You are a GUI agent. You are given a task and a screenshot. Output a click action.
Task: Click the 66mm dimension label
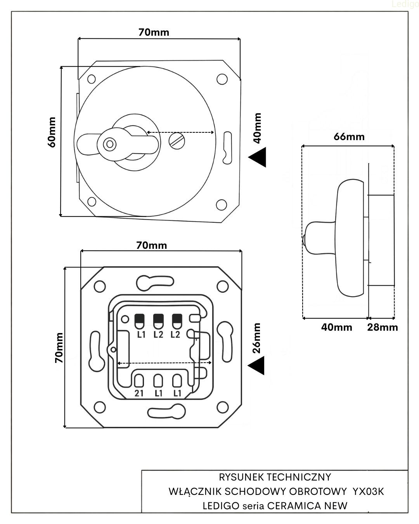pos(349,137)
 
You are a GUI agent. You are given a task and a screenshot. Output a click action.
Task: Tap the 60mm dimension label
pos(52,132)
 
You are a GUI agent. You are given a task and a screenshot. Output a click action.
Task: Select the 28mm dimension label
pos(383,327)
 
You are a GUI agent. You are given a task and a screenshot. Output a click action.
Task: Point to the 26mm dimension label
pos(256,338)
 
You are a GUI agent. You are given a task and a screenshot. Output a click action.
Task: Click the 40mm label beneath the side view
pos(336,327)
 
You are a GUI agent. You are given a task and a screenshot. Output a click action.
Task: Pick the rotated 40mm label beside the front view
pos(257,128)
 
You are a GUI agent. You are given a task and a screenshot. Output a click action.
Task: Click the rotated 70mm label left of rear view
pos(59,348)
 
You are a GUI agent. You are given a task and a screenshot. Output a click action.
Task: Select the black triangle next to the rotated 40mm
pos(258,157)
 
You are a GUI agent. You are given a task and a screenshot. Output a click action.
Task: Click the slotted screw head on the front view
pos(176,141)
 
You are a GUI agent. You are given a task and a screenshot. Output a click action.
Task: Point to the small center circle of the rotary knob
pos(110,144)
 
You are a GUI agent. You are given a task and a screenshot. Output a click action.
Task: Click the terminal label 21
pos(139,393)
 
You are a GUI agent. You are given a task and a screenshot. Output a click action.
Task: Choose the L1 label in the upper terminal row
pos(141,334)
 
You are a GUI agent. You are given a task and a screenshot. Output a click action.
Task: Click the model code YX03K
pos(368,491)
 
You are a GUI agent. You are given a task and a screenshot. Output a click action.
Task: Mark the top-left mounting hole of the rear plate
pos(100,286)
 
